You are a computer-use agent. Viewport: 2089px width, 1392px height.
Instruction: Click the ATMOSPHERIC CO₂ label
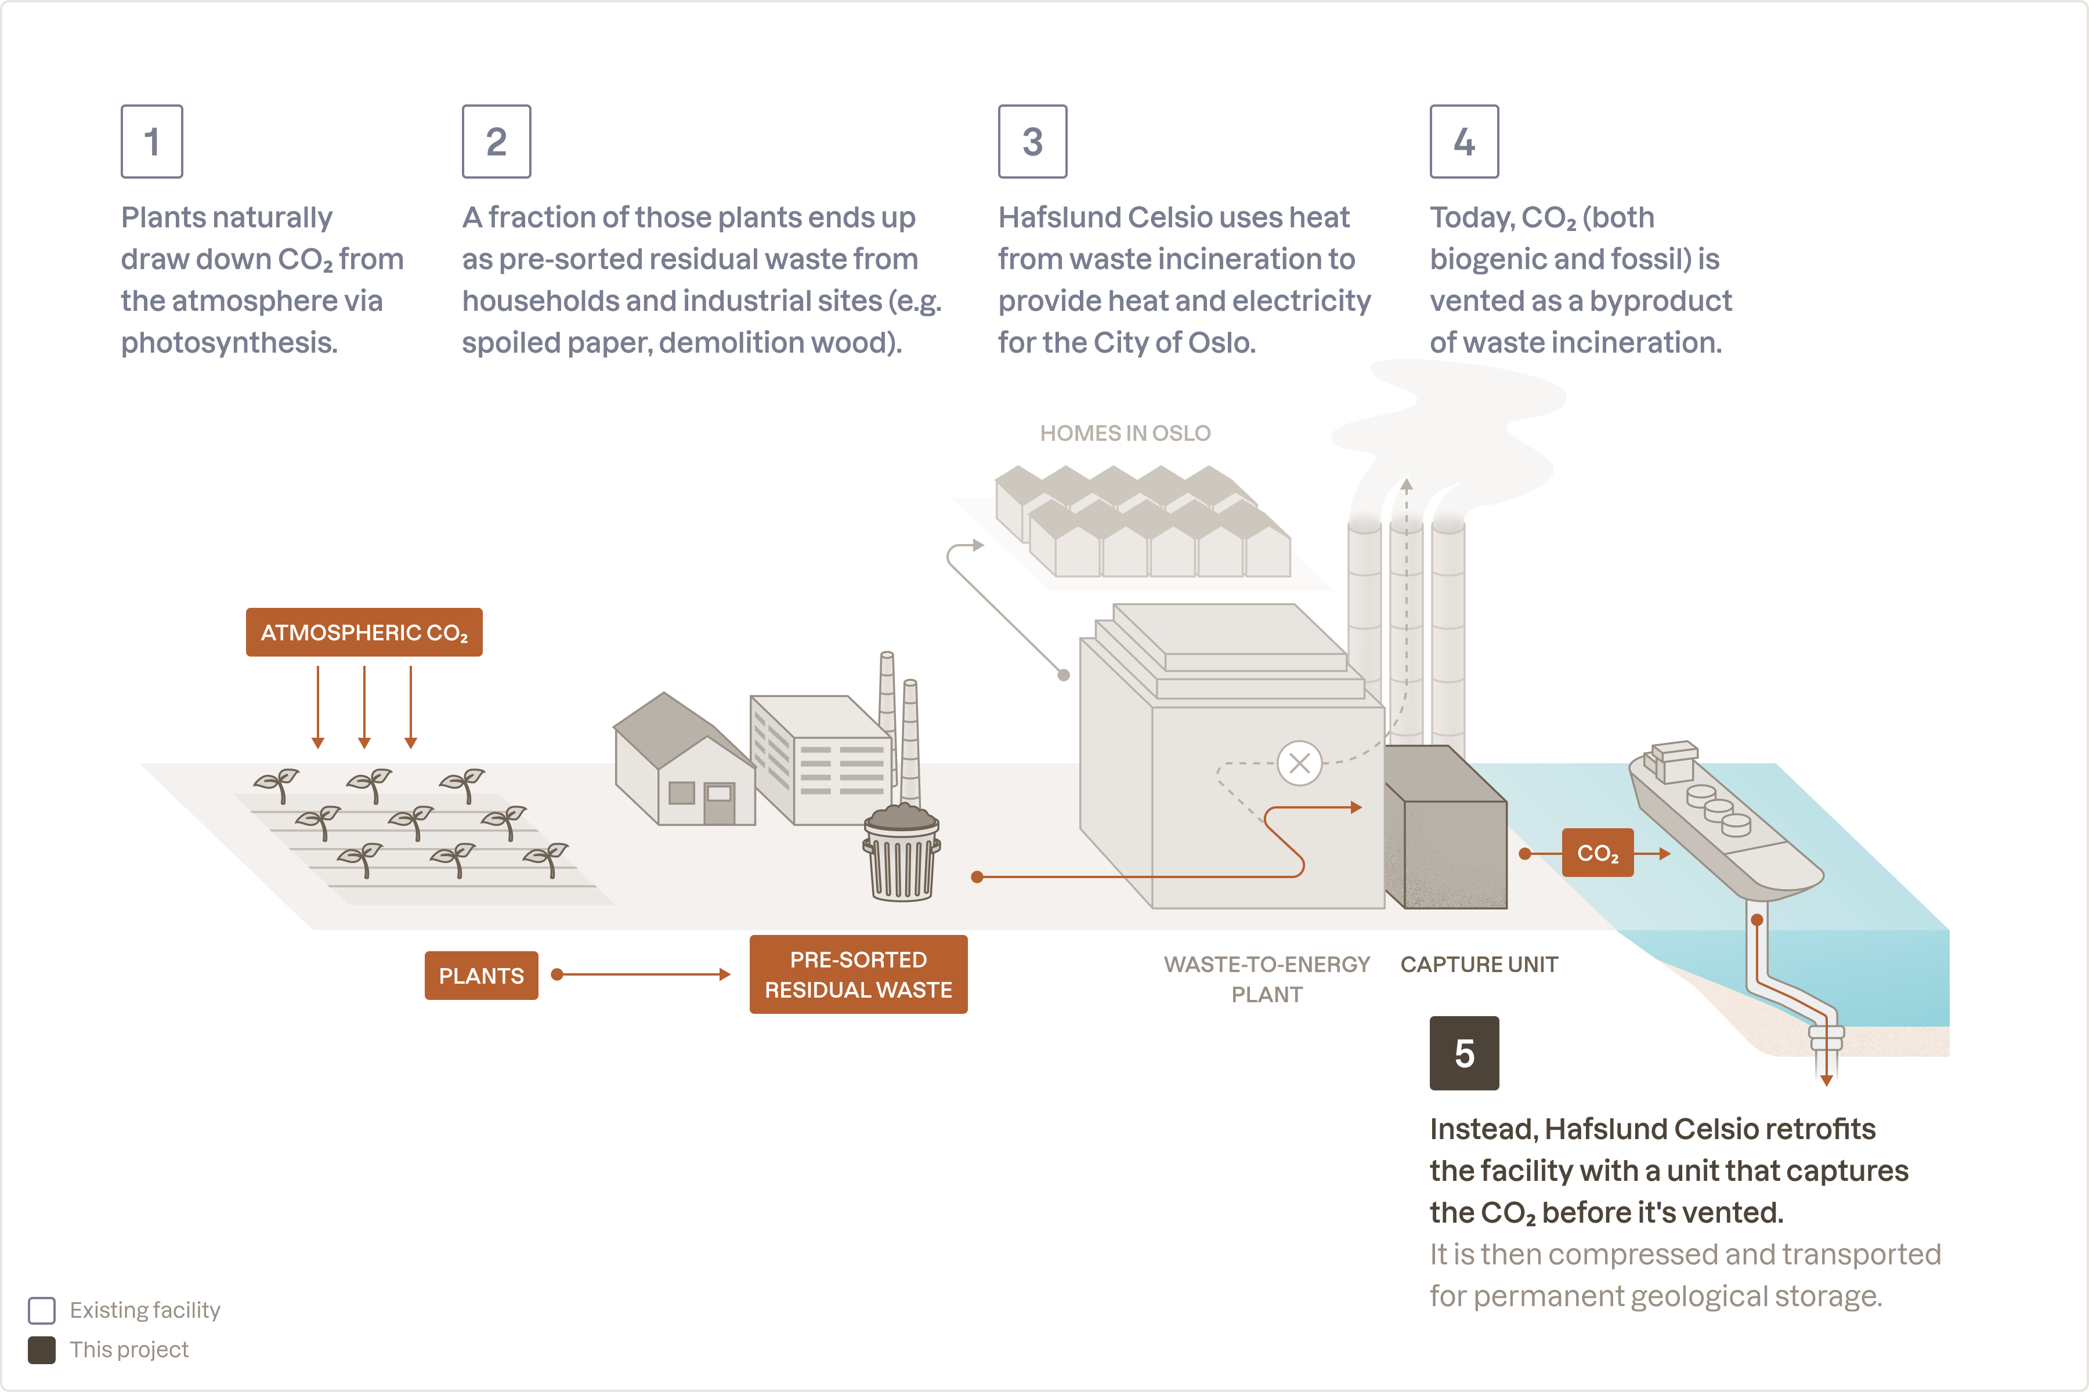point(364,632)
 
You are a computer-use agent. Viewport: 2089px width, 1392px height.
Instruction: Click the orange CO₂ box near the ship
point(1597,853)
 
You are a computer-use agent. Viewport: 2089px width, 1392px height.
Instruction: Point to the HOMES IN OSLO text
point(1125,433)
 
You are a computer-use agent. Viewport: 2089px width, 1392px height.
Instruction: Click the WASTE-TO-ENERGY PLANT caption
point(1267,978)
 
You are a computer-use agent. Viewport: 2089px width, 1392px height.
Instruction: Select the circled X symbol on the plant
point(1299,763)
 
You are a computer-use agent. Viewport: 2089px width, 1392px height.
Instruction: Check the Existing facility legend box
point(42,1310)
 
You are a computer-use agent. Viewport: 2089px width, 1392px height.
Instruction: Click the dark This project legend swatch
point(42,1350)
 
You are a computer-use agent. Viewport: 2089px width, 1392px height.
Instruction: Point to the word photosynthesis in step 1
point(229,343)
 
